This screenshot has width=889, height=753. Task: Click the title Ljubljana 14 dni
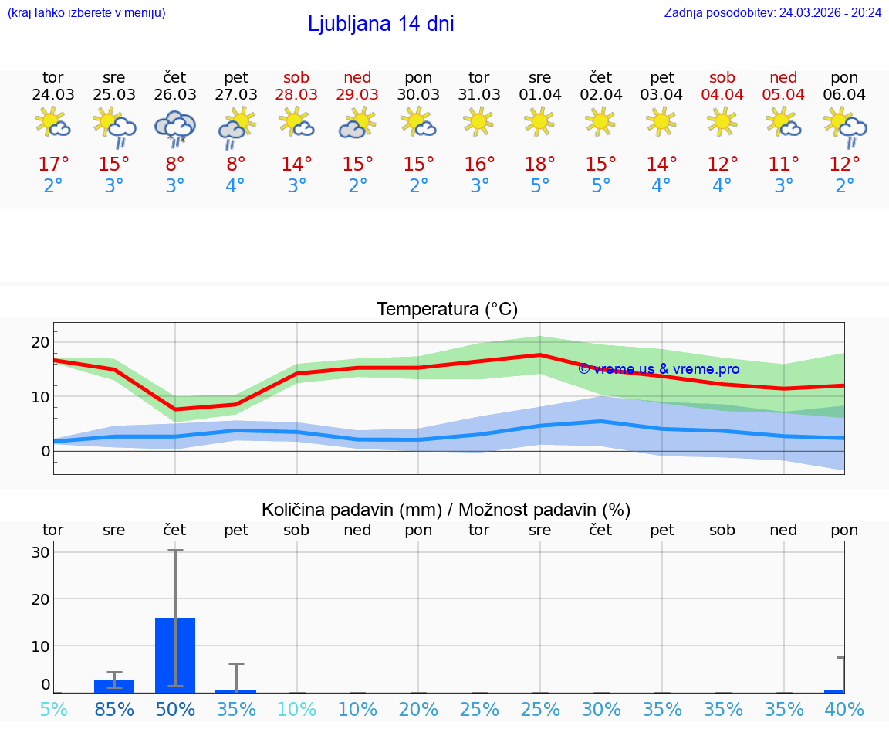coord(380,24)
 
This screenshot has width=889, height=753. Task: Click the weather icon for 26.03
coord(175,127)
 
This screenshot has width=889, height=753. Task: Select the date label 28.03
coord(296,94)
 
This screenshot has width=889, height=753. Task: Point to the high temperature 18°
coord(539,164)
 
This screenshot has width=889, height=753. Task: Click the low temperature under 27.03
coord(235,186)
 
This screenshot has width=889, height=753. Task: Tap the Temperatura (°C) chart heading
coord(447,309)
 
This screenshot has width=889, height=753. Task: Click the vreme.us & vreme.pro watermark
coord(658,369)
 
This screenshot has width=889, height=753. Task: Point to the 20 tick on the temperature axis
coord(40,342)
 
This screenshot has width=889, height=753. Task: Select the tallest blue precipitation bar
coord(175,655)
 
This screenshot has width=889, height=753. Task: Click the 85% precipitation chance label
coord(114,709)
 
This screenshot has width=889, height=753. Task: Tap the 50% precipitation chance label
coord(175,709)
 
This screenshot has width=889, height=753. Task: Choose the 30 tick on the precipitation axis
coord(40,552)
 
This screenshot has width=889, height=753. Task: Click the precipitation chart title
coord(446,510)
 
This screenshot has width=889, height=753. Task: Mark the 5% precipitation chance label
coord(53,709)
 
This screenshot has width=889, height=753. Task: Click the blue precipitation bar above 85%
coord(114,686)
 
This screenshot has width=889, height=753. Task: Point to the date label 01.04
coord(539,94)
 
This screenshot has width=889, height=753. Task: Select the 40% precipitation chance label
coord(844,709)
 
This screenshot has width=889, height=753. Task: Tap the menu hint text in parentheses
coord(86,12)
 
